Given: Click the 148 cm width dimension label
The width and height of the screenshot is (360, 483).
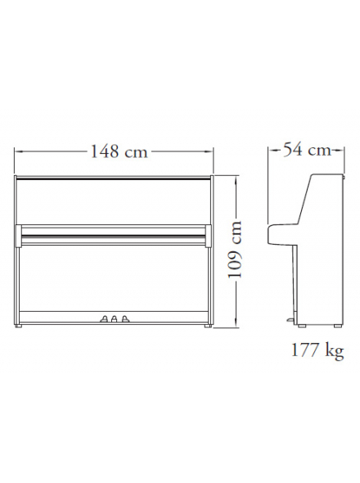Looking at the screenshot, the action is pos(119,151).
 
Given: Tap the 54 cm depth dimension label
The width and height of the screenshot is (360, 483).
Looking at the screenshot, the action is pos(307,150).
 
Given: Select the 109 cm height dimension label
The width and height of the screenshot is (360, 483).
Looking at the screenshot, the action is pos(235,250).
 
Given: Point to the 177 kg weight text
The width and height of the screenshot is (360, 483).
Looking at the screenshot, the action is pos(317,351).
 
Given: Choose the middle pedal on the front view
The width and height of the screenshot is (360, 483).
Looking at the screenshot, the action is pos(115,318).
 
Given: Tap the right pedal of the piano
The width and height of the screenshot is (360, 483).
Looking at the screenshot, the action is pos(124,318).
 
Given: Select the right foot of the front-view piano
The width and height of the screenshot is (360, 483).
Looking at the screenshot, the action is pos(208,325).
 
